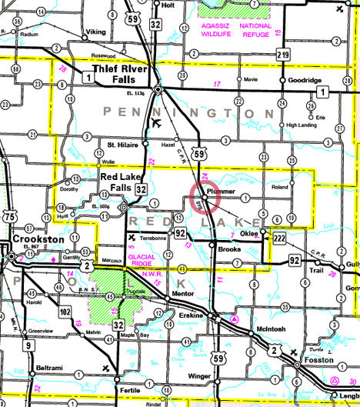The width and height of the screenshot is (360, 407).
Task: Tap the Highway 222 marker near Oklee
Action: pos(280,240)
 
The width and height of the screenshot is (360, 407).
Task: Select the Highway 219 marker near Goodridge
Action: pos(283,55)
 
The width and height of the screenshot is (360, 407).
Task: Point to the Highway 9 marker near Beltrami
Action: pos(28,346)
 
